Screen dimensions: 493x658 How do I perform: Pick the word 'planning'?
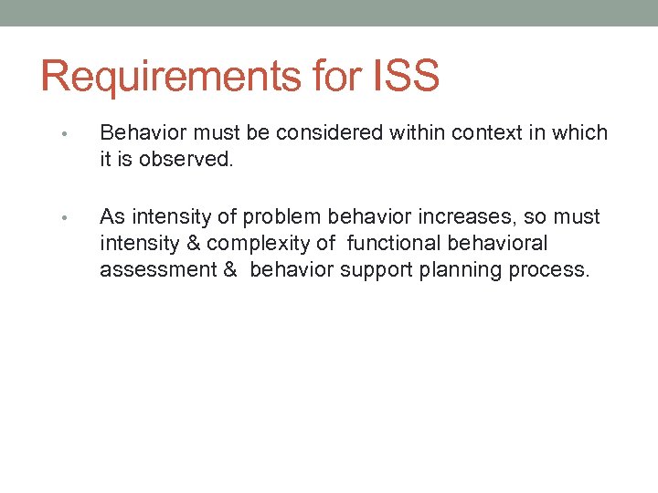455,270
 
